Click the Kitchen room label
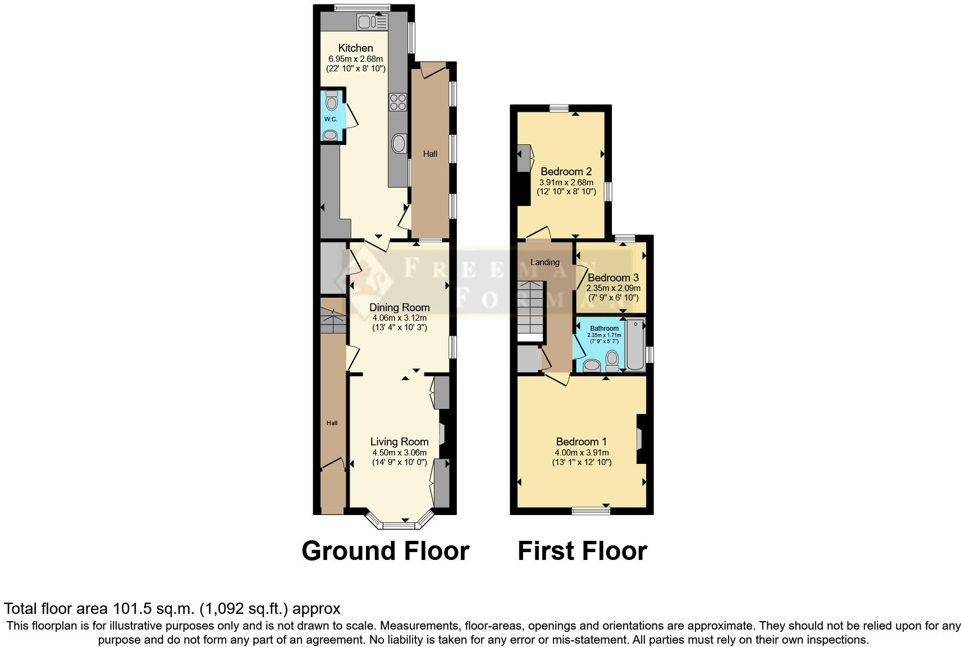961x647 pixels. (355, 48)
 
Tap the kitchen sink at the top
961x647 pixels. (372, 22)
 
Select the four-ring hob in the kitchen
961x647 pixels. (398, 102)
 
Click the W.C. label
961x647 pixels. (331, 119)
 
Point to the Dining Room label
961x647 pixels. (399, 307)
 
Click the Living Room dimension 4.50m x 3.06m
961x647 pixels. (399, 453)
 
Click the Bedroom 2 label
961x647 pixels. (566, 171)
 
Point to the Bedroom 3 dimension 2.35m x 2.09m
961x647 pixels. (613, 288)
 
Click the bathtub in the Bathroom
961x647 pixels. (636, 345)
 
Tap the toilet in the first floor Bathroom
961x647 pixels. (612, 359)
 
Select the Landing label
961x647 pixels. (544, 262)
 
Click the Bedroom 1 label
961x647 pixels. (581, 441)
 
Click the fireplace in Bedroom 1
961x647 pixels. (640, 439)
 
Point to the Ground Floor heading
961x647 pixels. (385, 551)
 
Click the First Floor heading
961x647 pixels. (582, 551)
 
